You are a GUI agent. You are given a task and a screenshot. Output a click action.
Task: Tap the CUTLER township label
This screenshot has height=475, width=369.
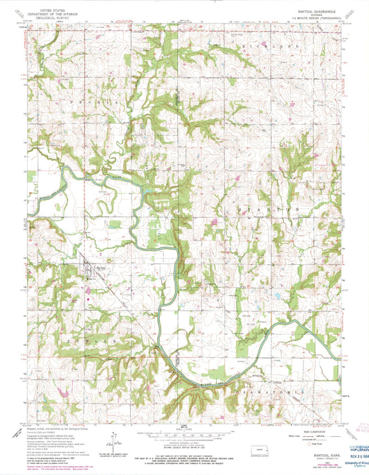[x=85, y=341]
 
